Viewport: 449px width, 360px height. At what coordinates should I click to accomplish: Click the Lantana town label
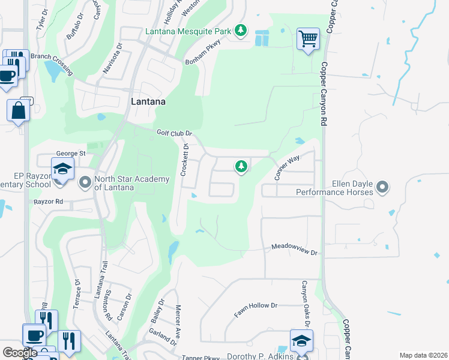pyautogui.click(x=148, y=102)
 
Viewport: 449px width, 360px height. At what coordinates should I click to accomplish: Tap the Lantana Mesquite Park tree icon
pyautogui.click(x=241, y=30)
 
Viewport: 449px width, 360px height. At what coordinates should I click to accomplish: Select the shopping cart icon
pyautogui.click(x=308, y=39)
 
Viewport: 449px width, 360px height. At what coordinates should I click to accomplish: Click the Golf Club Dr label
pyautogui.click(x=174, y=133)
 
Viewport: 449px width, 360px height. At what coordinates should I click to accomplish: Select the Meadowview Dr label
pyautogui.click(x=294, y=248)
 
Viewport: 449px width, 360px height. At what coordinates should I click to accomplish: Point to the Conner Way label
pyautogui.click(x=287, y=168)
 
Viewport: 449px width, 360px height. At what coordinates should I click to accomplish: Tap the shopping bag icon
pyautogui.click(x=18, y=110)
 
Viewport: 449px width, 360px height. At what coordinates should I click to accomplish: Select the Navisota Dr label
pyautogui.click(x=112, y=57)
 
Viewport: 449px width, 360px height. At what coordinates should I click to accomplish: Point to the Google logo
pyautogui.click(x=20, y=353)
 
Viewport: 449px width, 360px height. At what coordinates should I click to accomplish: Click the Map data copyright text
pyautogui.click(x=423, y=355)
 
